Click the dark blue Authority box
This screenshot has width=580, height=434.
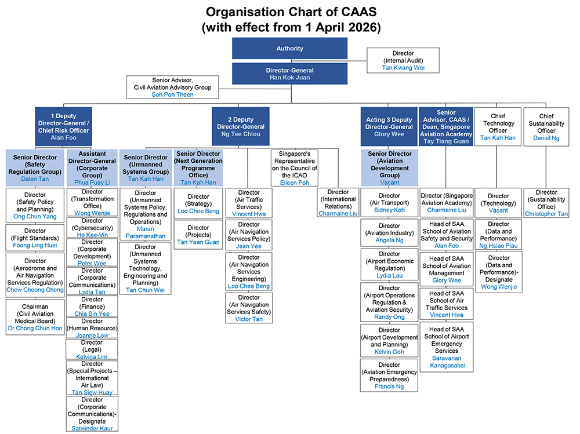pos(289,49)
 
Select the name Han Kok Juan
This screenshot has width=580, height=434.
pos(289,78)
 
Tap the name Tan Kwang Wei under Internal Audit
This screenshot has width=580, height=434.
pos(403,68)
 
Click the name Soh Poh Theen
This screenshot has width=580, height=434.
pos(172,95)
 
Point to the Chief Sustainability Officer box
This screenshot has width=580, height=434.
pos(546,126)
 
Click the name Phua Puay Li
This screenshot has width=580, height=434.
pos(92,183)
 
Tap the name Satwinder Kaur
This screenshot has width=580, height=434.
pos(92,428)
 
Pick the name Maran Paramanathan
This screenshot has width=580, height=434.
pos(145,232)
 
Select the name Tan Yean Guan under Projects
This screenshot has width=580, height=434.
pos(198,242)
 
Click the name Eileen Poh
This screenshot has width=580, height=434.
pos(295,183)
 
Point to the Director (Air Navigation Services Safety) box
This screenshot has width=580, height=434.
pos(249,308)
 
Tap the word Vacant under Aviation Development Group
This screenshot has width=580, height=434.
pos(390,183)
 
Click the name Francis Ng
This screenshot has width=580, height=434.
pos(390,386)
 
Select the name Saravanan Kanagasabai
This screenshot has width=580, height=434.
pos(446,362)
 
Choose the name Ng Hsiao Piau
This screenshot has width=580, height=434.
pos(498,246)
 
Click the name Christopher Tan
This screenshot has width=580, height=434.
pos(546,214)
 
